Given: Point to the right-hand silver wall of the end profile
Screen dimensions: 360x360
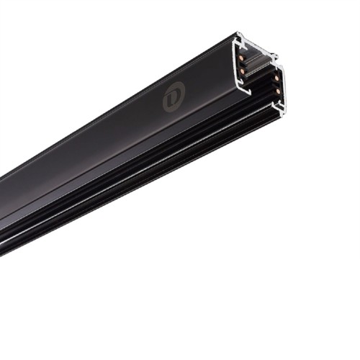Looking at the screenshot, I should point(283,86).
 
